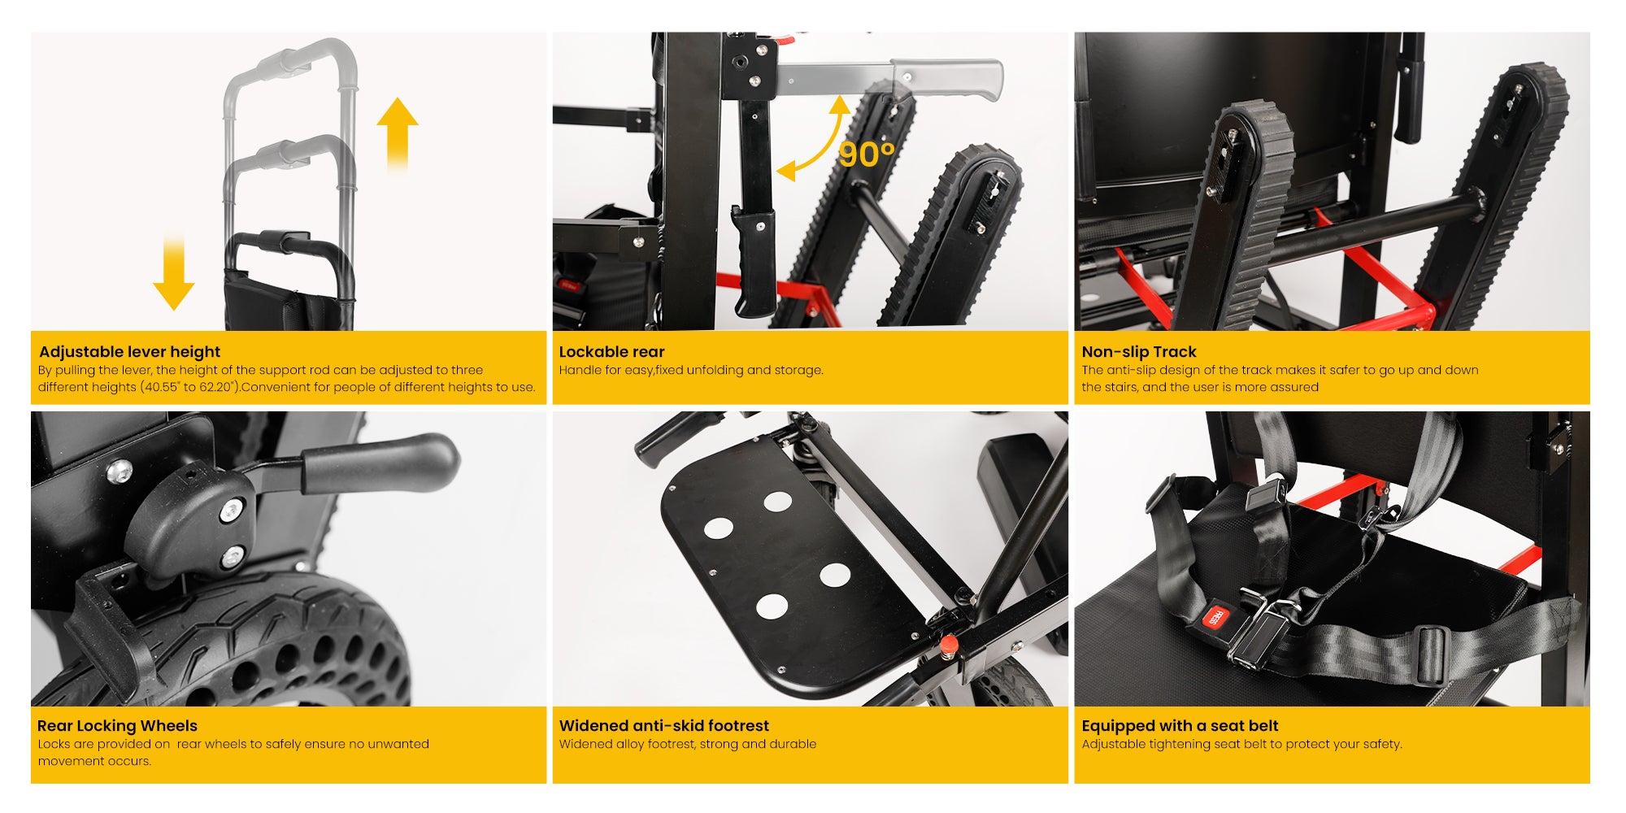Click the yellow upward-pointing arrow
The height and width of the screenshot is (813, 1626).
click(x=398, y=133)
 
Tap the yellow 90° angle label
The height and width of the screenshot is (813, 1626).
click(x=867, y=154)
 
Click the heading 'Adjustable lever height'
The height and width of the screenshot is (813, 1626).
click(x=130, y=352)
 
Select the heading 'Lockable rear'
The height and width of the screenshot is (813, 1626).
click(x=611, y=352)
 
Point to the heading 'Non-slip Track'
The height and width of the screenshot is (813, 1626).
click(x=1138, y=352)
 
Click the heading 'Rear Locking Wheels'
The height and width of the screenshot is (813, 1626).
click(x=117, y=726)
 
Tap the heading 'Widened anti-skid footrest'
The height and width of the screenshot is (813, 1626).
click(x=663, y=726)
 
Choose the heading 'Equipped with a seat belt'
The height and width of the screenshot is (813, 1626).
click(x=1180, y=726)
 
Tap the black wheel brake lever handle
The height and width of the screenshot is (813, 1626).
click(x=378, y=463)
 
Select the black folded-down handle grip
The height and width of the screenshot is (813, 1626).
click(x=753, y=261)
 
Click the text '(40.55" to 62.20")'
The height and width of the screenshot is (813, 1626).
click(x=187, y=387)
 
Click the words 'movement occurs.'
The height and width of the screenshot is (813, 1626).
click(x=94, y=761)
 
